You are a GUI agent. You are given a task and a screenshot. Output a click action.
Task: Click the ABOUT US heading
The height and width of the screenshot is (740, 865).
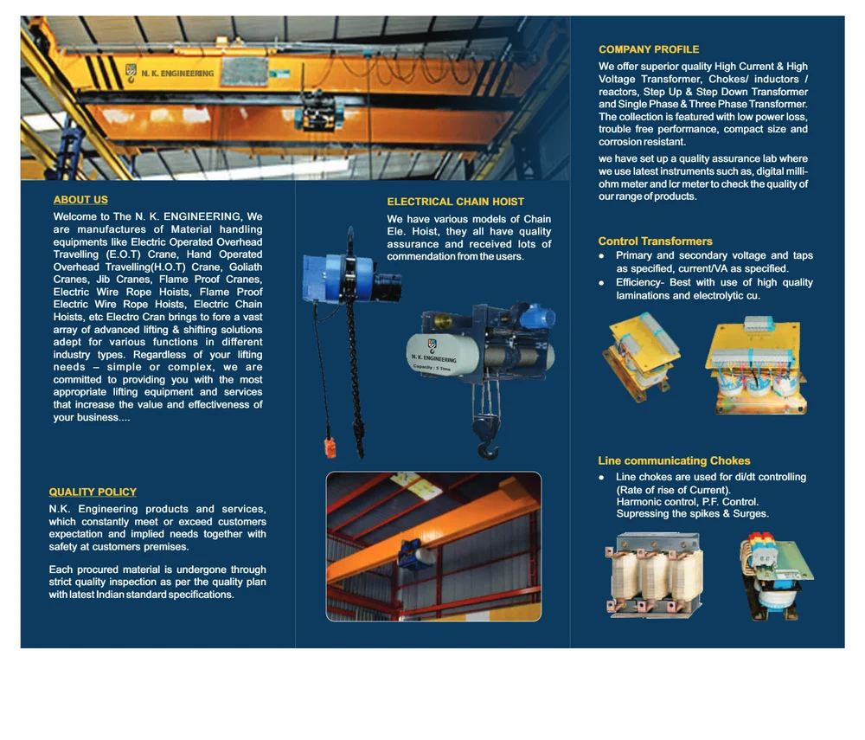coord(80,200)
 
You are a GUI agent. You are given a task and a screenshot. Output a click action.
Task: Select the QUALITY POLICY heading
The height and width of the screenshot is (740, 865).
coord(93,492)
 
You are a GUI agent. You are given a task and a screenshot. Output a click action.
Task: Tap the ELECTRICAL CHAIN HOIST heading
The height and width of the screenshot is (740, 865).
coord(455,202)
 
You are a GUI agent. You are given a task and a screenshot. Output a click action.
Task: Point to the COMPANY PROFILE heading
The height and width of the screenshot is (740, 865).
coord(649,49)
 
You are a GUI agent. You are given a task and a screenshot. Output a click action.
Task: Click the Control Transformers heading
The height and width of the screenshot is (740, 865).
coord(655,241)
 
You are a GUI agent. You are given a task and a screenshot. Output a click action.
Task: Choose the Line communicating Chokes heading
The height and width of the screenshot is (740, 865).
coord(674,461)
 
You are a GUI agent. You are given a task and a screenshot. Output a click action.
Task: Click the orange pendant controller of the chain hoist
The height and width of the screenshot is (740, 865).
coord(330,447)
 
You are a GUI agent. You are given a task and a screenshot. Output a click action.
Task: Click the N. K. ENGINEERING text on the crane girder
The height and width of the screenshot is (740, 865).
coord(176,74)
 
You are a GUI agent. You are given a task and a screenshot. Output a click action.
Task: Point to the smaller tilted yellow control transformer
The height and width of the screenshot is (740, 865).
coord(641,357)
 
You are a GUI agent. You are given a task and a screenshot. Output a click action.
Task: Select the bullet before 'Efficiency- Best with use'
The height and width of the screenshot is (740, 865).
coord(602,283)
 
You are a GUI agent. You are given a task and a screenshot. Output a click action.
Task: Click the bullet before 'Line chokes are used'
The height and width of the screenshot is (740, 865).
coord(602,478)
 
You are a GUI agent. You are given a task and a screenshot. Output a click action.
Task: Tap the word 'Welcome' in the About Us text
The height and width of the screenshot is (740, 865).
coord(75,216)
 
